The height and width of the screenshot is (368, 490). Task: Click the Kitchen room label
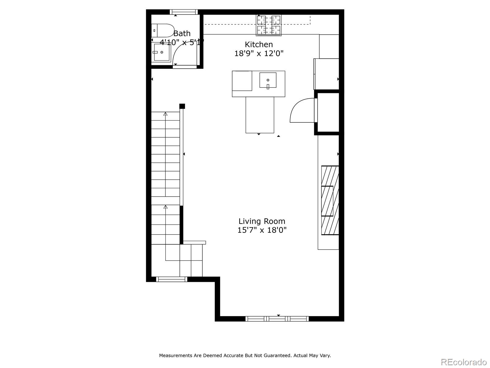(258, 44)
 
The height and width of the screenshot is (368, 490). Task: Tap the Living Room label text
(262, 221)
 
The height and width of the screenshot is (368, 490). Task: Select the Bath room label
(182, 33)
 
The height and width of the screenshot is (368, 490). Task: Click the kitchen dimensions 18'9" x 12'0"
(259, 54)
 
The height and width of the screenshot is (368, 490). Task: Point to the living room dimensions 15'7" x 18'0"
(262, 230)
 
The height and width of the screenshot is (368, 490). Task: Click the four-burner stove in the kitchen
(269, 25)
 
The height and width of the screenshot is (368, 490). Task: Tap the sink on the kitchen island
(268, 80)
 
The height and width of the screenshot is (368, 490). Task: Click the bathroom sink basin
(162, 52)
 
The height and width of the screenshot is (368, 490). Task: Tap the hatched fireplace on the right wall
(330, 200)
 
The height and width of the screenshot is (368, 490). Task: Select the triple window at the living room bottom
(277, 319)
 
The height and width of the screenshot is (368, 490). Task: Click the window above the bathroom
(184, 12)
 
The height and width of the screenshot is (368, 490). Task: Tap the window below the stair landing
(171, 279)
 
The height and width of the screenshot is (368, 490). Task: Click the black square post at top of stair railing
(182, 106)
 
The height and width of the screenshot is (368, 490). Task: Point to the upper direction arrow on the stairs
(165, 114)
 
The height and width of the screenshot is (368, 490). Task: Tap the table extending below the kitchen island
(260, 115)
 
